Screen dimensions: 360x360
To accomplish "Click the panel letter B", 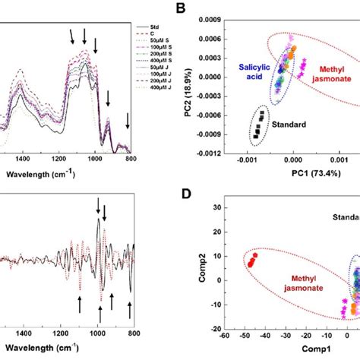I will point(182,10).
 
